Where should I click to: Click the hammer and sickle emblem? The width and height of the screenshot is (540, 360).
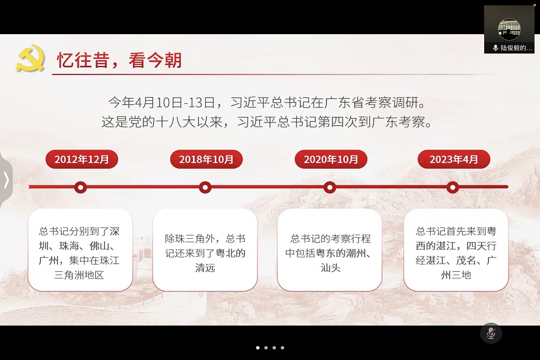coord(30,59)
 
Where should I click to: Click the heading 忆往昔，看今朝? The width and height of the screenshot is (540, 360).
coord(119,60)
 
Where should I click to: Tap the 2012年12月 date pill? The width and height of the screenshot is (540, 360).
coord(82,159)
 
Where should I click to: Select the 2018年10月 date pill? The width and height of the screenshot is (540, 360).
coord(206,159)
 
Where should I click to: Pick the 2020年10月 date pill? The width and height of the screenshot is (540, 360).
coord(331,159)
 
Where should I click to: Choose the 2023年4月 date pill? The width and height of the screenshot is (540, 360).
coord(454,159)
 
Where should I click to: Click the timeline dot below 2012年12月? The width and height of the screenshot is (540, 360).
coord(80,187)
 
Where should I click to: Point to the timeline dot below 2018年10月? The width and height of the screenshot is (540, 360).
coord(205,187)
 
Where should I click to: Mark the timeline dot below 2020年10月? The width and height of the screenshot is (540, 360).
coord(329,187)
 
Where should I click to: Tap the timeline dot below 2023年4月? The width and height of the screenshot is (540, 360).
coord(453,187)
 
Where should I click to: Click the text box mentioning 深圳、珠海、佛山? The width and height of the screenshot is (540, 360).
coord(80,250)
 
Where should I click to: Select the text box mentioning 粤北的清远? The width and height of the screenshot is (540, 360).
coord(205,250)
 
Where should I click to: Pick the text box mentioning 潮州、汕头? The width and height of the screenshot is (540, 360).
coord(329,250)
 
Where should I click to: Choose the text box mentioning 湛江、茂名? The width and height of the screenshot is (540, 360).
coord(455,250)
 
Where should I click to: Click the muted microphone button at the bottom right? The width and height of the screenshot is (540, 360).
coord(491,333)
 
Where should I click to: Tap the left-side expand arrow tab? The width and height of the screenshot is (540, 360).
coord(6,179)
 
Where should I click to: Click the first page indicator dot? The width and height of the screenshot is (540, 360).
coord(258,347)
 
